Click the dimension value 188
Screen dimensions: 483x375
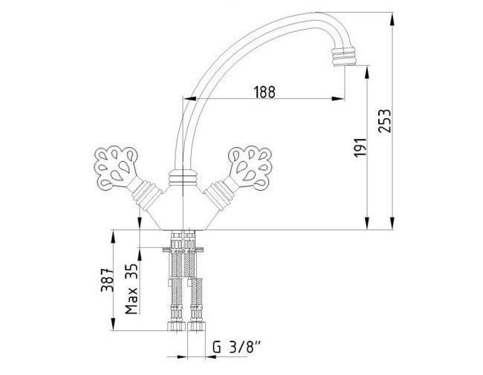click(x=265, y=92)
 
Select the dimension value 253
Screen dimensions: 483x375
click(x=384, y=121)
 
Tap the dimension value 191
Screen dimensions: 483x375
click(x=360, y=148)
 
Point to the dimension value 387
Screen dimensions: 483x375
click(x=107, y=280)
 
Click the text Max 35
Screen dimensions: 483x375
click(x=132, y=289)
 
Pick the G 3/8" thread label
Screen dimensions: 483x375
click(x=236, y=348)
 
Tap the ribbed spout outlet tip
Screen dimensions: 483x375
click(x=344, y=56)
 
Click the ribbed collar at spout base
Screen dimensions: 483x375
click(x=183, y=178)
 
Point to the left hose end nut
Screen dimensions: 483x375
click(x=177, y=326)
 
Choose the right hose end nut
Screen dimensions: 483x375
click(x=197, y=326)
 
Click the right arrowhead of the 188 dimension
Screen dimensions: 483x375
click(x=338, y=99)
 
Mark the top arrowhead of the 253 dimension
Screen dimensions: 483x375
click(x=392, y=19)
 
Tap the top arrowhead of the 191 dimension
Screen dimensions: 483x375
click(x=367, y=72)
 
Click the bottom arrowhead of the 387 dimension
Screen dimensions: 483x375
click(x=113, y=325)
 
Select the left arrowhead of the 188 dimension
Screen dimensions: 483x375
click(x=189, y=99)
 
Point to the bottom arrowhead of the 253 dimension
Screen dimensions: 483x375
click(x=392, y=224)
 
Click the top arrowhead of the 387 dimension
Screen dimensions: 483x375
click(x=113, y=236)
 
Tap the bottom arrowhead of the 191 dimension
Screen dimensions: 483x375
click(x=367, y=224)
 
